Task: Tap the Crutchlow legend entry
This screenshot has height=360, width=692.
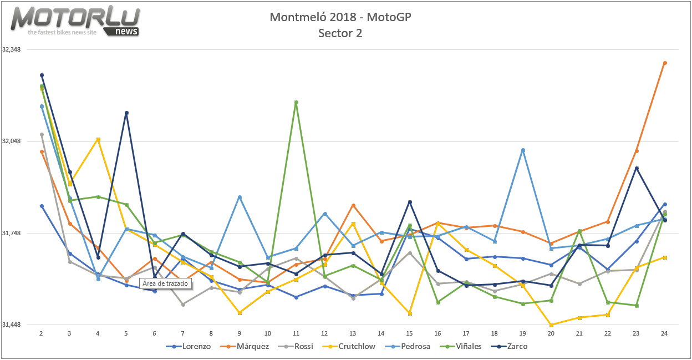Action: click(352, 347)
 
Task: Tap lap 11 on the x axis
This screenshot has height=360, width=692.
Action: click(296, 333)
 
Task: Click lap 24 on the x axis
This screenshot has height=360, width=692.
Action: click(664, 333)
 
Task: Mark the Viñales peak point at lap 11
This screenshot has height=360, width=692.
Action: click(297, 102)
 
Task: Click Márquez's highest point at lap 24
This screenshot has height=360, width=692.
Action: click(665, 63)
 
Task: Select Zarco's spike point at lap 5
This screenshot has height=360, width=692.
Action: click(126, 113)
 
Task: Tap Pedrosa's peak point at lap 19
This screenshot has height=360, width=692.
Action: click(523, 150)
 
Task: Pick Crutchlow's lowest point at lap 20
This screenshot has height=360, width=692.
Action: click(551, 325)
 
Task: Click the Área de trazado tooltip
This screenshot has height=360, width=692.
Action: click(165, 283)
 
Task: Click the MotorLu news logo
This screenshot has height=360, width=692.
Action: click(75, 22)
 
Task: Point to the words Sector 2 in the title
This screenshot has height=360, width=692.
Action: click(340, 33)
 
